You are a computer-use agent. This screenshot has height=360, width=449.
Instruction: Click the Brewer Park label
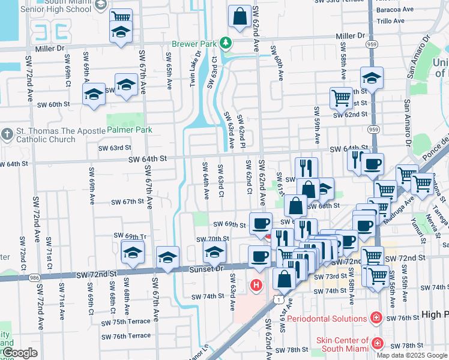(x=195, y=44)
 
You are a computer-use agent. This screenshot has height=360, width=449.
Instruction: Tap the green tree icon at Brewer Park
(x=226, y=43)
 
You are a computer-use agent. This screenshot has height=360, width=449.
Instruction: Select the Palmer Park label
(x=130, y=130)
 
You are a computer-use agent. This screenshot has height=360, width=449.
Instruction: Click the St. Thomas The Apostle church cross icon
(x=7, y=133)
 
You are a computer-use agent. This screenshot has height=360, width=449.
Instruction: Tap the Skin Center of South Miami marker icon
(x=377, y=343)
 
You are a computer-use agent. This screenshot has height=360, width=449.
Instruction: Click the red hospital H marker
(x=257, y=285)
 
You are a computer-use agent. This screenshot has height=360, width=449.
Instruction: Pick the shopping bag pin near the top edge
(x=240, y=17)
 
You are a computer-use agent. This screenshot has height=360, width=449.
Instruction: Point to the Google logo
(x=20, y=353)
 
